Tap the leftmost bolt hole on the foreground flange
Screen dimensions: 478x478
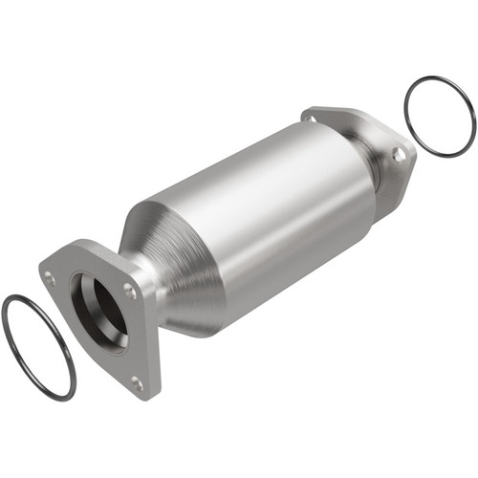(50, 278)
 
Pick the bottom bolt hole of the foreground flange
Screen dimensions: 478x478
(136, 384)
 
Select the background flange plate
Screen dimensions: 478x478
(382, 143)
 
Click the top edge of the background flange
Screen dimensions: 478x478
(354, 113)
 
